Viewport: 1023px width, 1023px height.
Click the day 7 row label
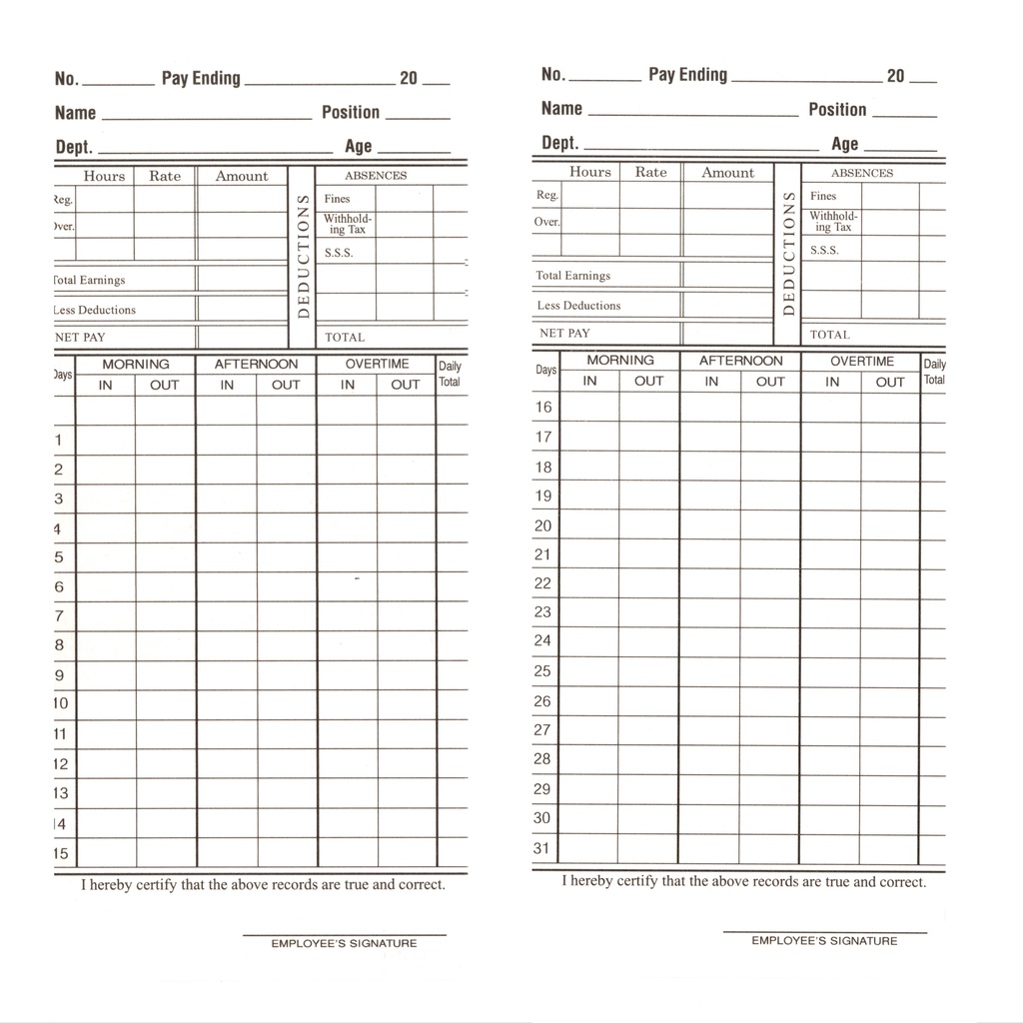pos(59,616)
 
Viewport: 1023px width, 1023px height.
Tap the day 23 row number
pos(542,612)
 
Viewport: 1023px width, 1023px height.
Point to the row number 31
pos(542,849)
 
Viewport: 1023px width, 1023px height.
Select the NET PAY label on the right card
pos(564,334)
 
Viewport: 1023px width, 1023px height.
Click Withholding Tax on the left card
pos(347,224)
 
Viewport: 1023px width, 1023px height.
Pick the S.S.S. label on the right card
pos(824,251)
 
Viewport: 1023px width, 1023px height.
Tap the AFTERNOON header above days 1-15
pos(256,365)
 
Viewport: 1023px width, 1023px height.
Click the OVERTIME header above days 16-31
pos(861,362)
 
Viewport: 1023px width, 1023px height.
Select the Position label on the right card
pos(837,110)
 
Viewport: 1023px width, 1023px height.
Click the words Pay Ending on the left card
pos(201,78)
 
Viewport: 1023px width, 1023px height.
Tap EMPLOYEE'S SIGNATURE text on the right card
pos(824,940)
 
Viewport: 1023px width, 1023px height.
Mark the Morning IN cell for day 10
pos(106,704)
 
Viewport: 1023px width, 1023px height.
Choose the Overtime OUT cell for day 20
pos(889,525)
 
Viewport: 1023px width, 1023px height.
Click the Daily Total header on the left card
pos(450,374)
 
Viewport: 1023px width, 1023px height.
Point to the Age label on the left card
pos(358,146)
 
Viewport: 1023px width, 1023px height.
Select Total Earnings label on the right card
pos(572,276)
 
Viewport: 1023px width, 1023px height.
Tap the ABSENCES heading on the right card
pos(862,173)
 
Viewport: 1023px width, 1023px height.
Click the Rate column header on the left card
pos(165,176)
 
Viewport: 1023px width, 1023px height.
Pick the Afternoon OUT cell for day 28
pos(769,759)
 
